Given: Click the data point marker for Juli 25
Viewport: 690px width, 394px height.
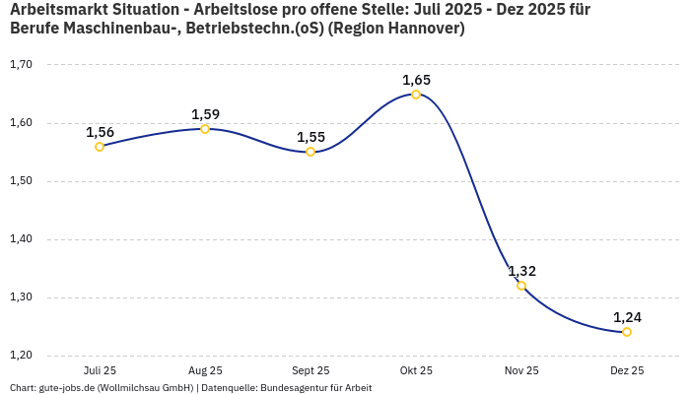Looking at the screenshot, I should coord(100,147).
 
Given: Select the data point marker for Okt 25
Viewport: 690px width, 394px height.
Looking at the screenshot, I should coord(416,95).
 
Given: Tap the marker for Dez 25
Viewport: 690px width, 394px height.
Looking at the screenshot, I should coord(627,332).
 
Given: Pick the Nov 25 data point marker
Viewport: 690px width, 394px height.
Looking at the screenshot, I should coord(521,286).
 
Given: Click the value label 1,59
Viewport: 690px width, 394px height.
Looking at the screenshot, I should coord(205,114).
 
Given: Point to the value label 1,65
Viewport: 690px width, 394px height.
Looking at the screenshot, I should coord(416,80).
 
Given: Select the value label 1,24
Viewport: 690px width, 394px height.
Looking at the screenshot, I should coord(627,317).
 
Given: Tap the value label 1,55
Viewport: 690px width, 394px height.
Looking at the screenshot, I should coord(310,137).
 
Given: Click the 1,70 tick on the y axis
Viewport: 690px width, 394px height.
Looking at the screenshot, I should coord(21,65).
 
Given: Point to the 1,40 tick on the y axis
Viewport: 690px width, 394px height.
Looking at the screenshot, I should coord(21,239).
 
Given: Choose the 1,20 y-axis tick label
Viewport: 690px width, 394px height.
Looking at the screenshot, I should coord(21,356).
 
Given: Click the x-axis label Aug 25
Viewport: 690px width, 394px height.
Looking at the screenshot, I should coord(205,371).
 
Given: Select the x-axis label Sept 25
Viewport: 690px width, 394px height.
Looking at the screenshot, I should coord(310,371).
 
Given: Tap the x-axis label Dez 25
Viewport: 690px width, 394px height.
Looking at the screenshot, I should coord(627,371).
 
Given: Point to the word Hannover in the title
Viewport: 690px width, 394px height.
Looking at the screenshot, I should coord(421,29).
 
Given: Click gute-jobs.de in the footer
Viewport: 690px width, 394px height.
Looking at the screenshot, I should coord(69,388).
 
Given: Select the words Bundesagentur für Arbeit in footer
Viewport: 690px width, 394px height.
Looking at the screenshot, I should coord(315,388).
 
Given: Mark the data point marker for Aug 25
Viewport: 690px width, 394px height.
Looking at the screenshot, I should coord(205,129).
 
